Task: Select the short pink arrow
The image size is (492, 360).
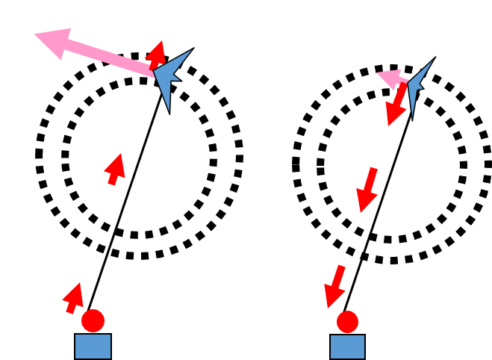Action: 391,77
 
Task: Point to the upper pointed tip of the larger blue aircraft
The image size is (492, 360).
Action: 191,51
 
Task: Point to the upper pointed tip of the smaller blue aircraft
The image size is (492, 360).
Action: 432,60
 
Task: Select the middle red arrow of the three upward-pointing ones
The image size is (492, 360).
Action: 115,168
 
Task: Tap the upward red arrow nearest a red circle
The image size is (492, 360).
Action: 73,297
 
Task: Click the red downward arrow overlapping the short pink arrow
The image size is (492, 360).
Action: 396,105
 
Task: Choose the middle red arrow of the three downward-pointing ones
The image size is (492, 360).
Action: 367,190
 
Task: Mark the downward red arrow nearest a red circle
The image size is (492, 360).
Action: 334,286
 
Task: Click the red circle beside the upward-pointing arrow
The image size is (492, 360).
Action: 93,320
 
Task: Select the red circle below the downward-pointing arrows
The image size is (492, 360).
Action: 347,322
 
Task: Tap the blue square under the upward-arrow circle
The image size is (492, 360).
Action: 93,346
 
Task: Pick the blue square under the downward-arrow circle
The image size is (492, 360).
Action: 347,347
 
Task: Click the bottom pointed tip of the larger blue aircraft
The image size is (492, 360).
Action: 169,111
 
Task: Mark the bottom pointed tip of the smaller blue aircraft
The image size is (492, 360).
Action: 412,117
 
